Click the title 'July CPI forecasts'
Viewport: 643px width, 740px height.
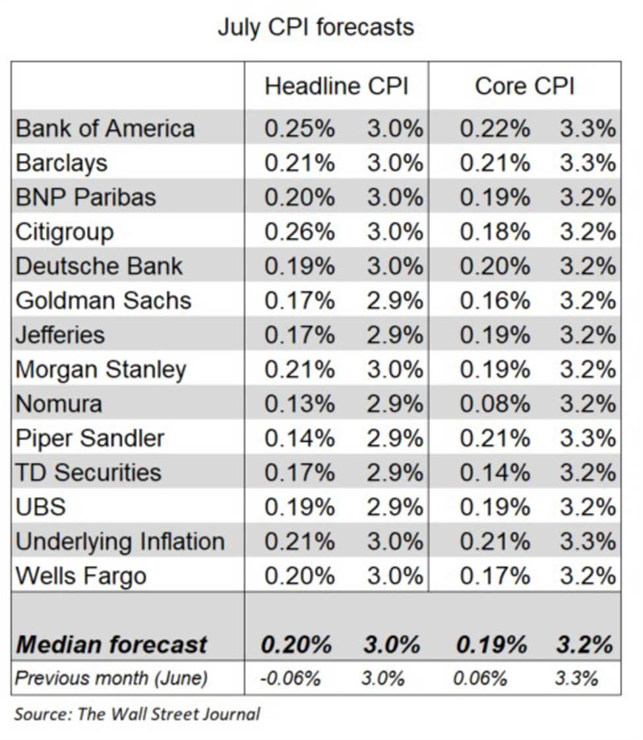[315, 28]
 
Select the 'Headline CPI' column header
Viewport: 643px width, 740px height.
[336, 87]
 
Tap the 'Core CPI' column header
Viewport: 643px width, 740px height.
[524, 87]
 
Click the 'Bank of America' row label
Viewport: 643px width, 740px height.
[106, 128]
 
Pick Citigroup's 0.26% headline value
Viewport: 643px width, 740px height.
[299, 232]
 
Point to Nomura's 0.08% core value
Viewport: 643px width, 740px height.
[494, 403]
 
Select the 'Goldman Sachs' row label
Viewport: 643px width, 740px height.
[104, 300]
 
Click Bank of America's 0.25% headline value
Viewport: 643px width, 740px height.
[299, 128]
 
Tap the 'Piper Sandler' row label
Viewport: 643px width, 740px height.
[90, 438]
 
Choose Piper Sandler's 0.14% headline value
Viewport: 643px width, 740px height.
[299, 438]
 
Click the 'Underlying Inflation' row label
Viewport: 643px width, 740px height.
[120, 542]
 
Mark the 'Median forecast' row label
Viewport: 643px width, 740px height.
[111, 644]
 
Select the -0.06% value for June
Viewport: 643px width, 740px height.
[291, 678]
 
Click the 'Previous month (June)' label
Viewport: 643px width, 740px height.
[111, 678]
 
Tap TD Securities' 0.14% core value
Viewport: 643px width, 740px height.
[494, 472]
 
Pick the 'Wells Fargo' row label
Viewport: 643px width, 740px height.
[80, 576]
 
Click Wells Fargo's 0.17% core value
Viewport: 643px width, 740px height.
[494, 576]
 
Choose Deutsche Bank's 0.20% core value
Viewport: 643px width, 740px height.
[494, 266]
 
